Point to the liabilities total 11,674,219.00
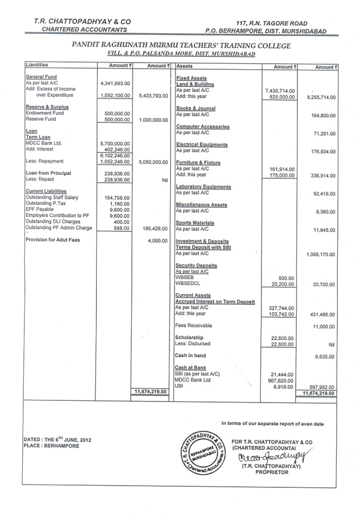pyautogui.click(x=150, y=392)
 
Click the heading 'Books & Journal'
pyautogui.click(x=195, y=109)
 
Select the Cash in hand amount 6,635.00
pyautogui.click(x=324, y=357)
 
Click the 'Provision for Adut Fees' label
pyautogui.click(x=53, y=240)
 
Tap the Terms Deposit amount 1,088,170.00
pyautogui.click(x=321, y=255)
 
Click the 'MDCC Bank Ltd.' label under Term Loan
pyautogui.click(x=45, y=143)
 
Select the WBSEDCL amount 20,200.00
pyautogui.click(x=282, y=284)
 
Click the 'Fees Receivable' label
pyautogui.click(x=193, y=326)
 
